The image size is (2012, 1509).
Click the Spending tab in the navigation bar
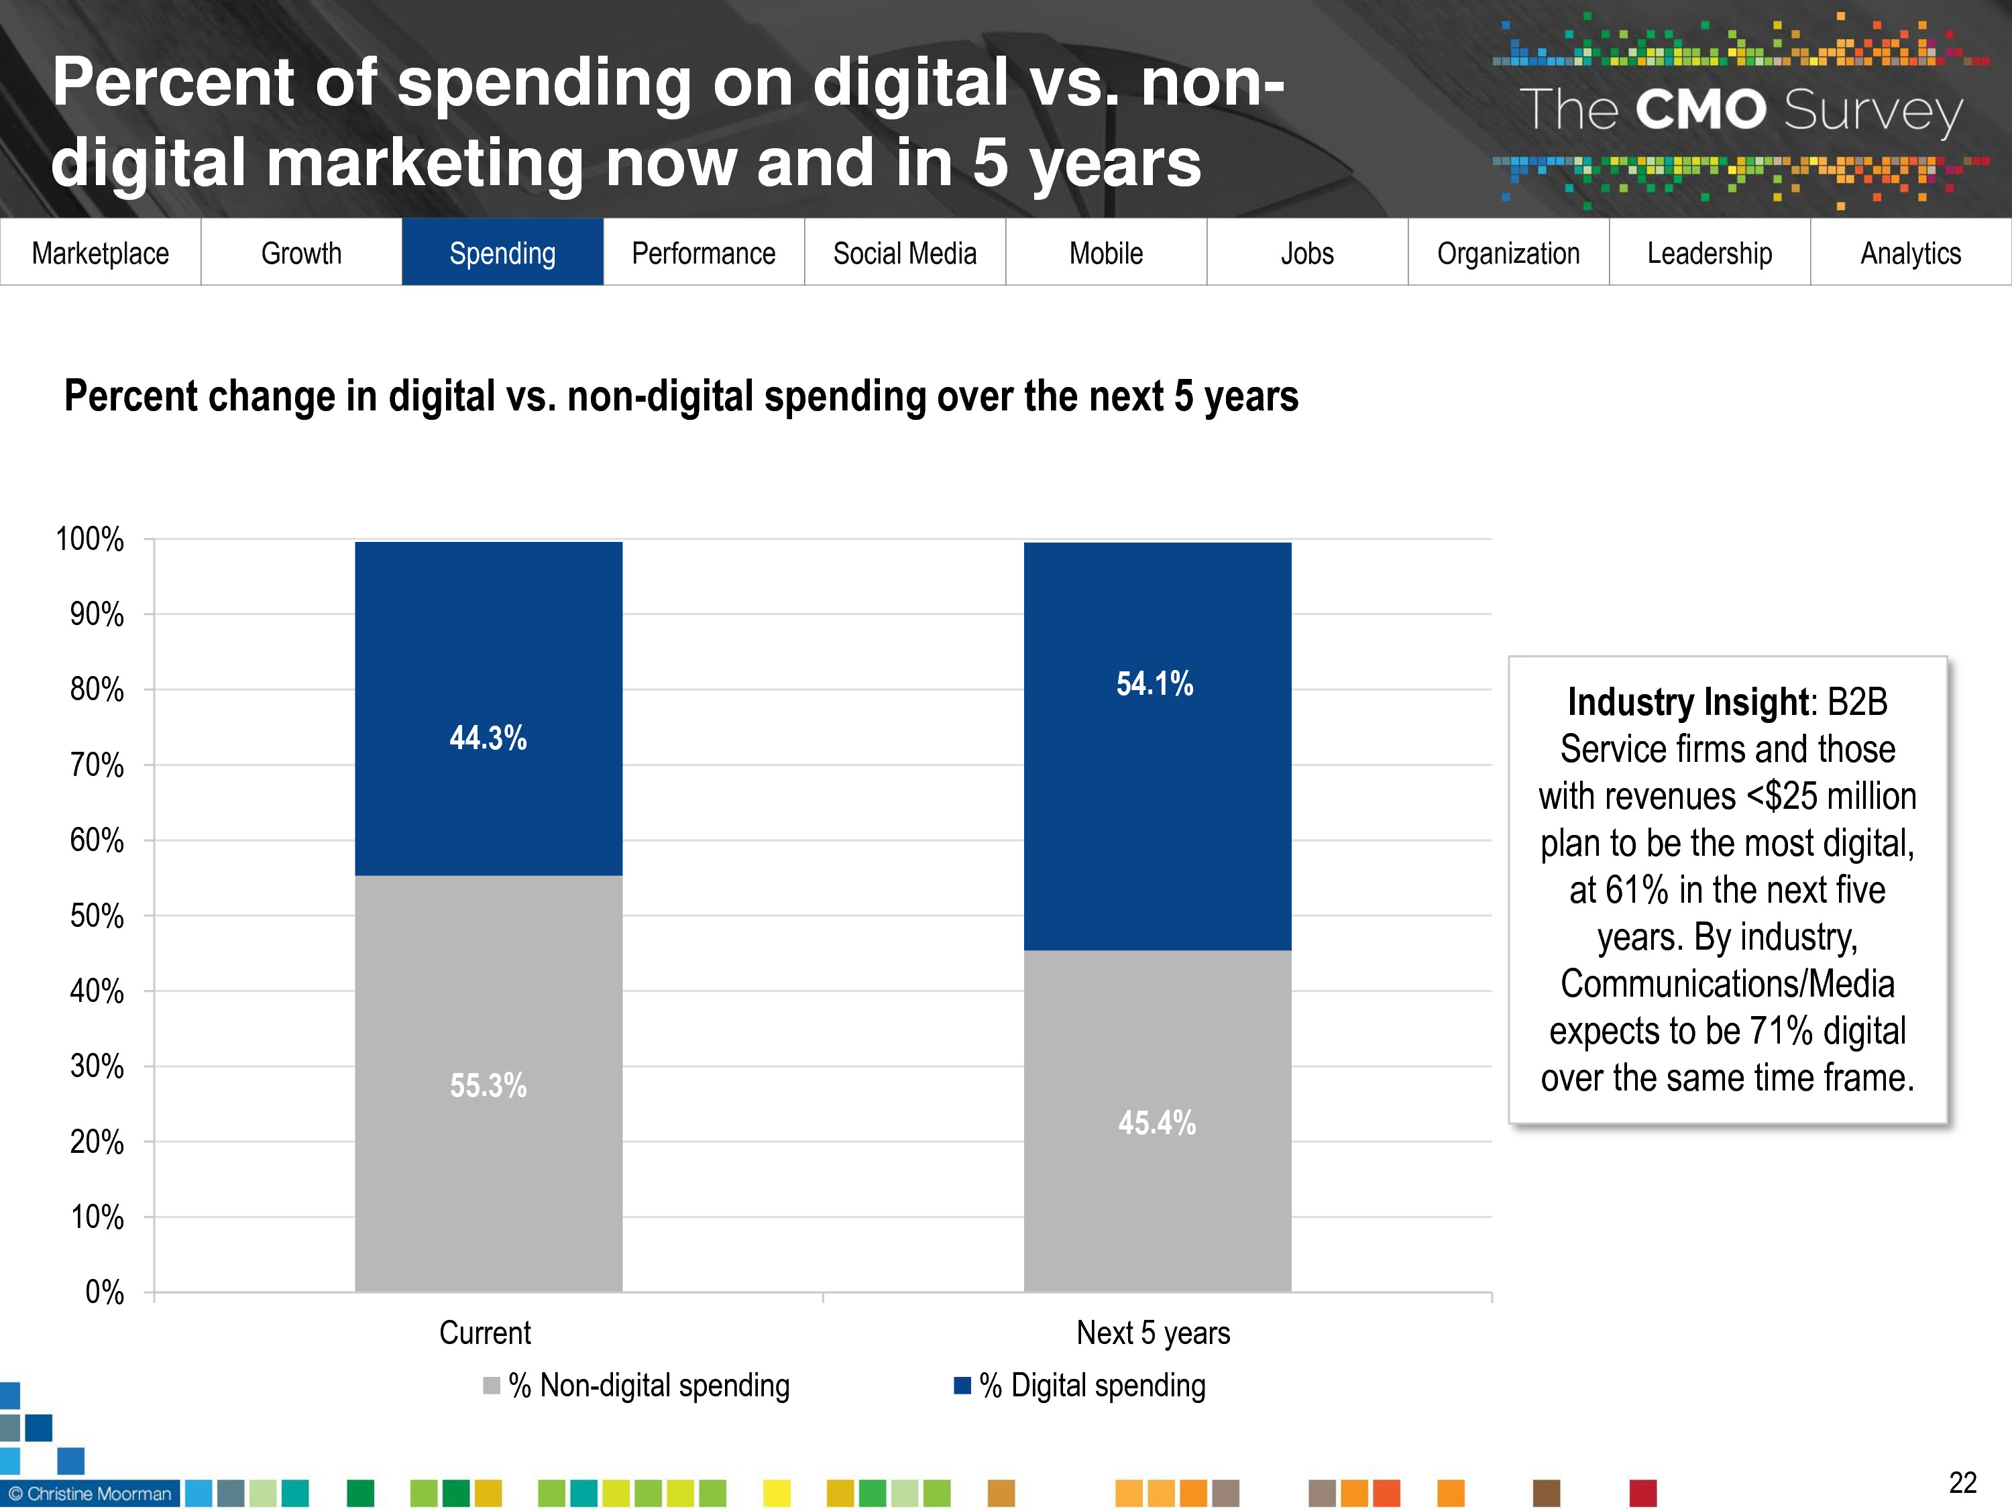(502, 253)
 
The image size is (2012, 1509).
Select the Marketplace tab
(100, 253)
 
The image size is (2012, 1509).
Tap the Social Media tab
(904, 253)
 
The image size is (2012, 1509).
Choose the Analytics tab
(1910, 253)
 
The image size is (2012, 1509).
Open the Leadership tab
(1709, 253)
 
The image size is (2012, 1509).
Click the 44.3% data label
(488, 738)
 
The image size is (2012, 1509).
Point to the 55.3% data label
(488, 1085)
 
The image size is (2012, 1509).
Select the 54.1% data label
(1155, 684)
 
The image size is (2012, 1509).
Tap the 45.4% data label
(1157, 1123)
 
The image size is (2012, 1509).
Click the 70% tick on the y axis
(97, 765)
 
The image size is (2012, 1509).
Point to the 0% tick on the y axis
(105, 1292)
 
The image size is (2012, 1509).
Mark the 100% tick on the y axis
(90, 539)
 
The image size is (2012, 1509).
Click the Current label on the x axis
(485, 1333)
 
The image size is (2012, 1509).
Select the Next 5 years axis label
(1154, 1333)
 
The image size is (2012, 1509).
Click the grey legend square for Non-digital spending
(491, 1386)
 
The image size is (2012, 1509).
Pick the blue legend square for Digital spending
(962, 1386)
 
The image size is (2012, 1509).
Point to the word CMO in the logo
(1700, 110)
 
